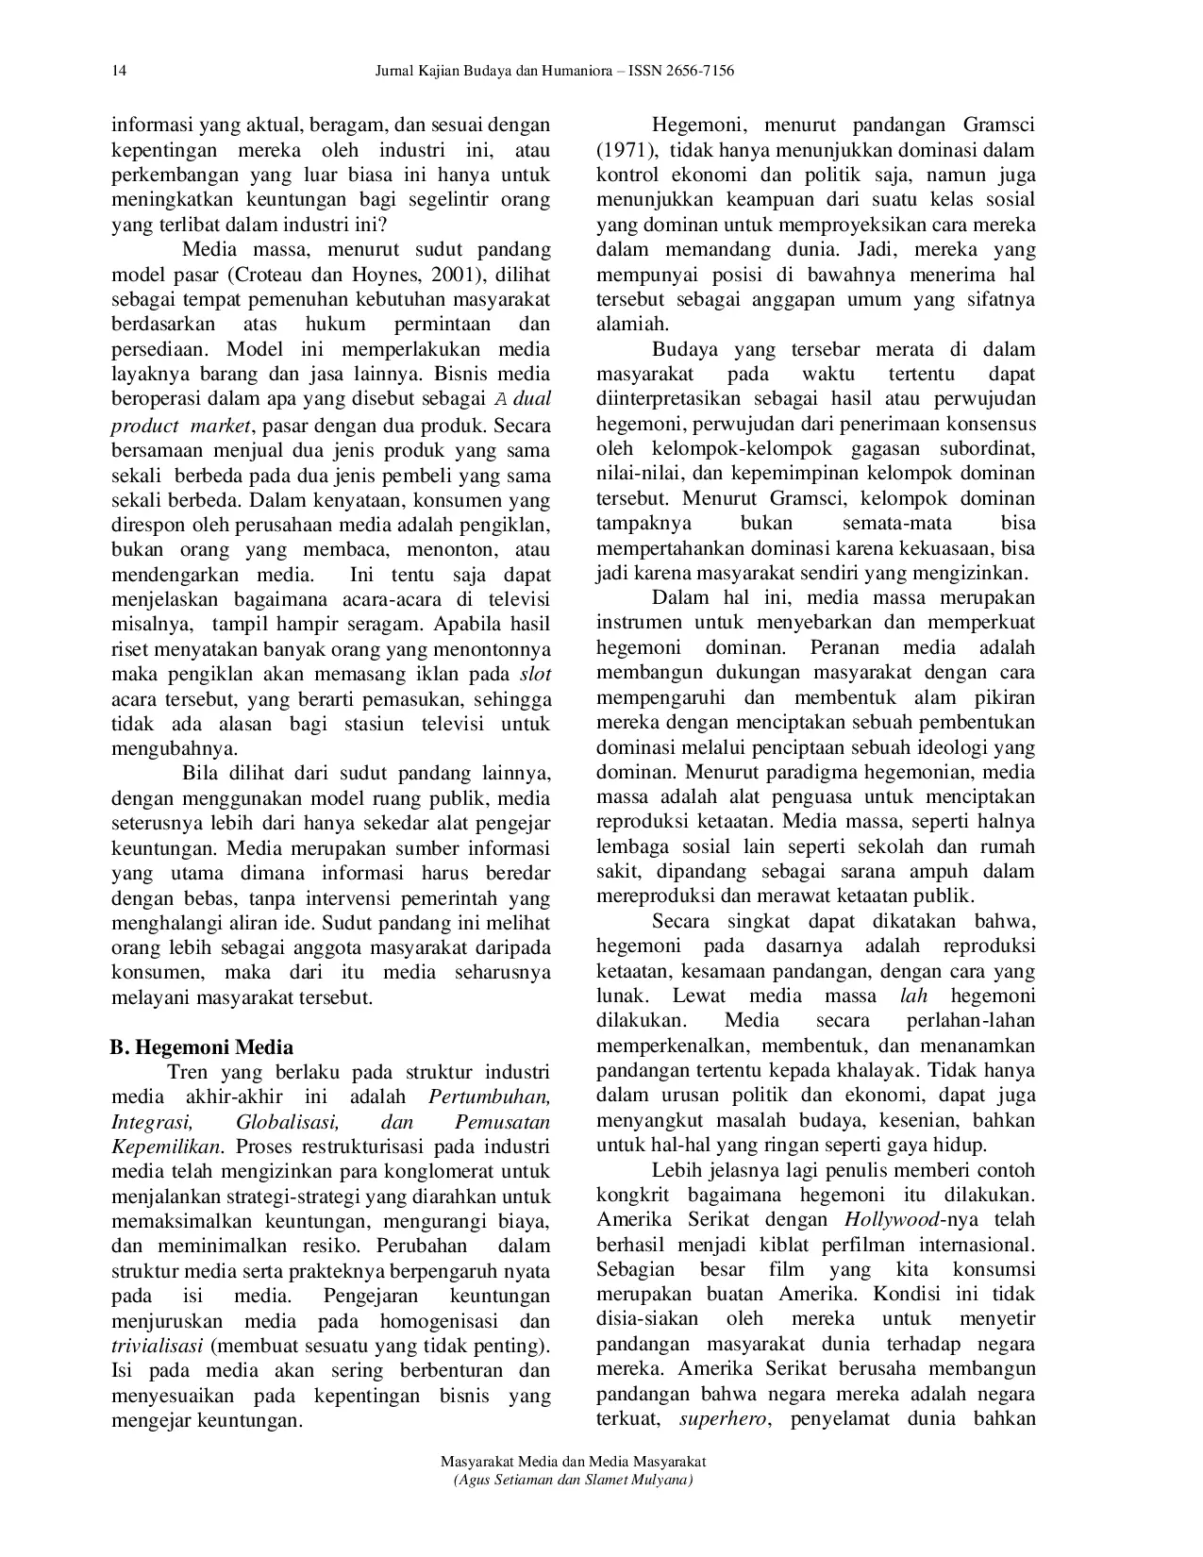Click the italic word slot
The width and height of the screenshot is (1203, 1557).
click(535, 675)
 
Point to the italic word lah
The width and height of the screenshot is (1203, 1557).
click(914, 996)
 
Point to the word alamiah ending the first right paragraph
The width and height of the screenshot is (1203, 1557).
click(631, 325)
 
